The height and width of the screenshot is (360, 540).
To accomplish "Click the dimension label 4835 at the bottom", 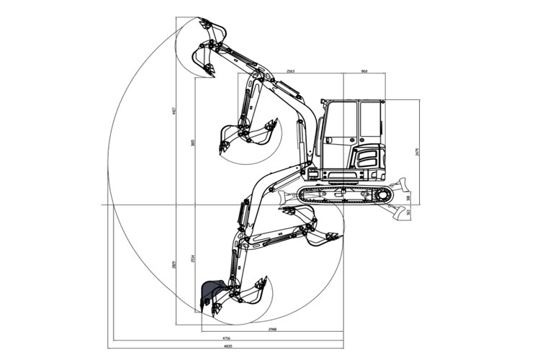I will point(229,346).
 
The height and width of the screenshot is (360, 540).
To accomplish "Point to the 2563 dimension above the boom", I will point(290,71).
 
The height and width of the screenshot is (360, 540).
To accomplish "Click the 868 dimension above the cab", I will point(364,71).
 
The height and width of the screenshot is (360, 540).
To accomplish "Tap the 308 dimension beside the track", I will point(409,197).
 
